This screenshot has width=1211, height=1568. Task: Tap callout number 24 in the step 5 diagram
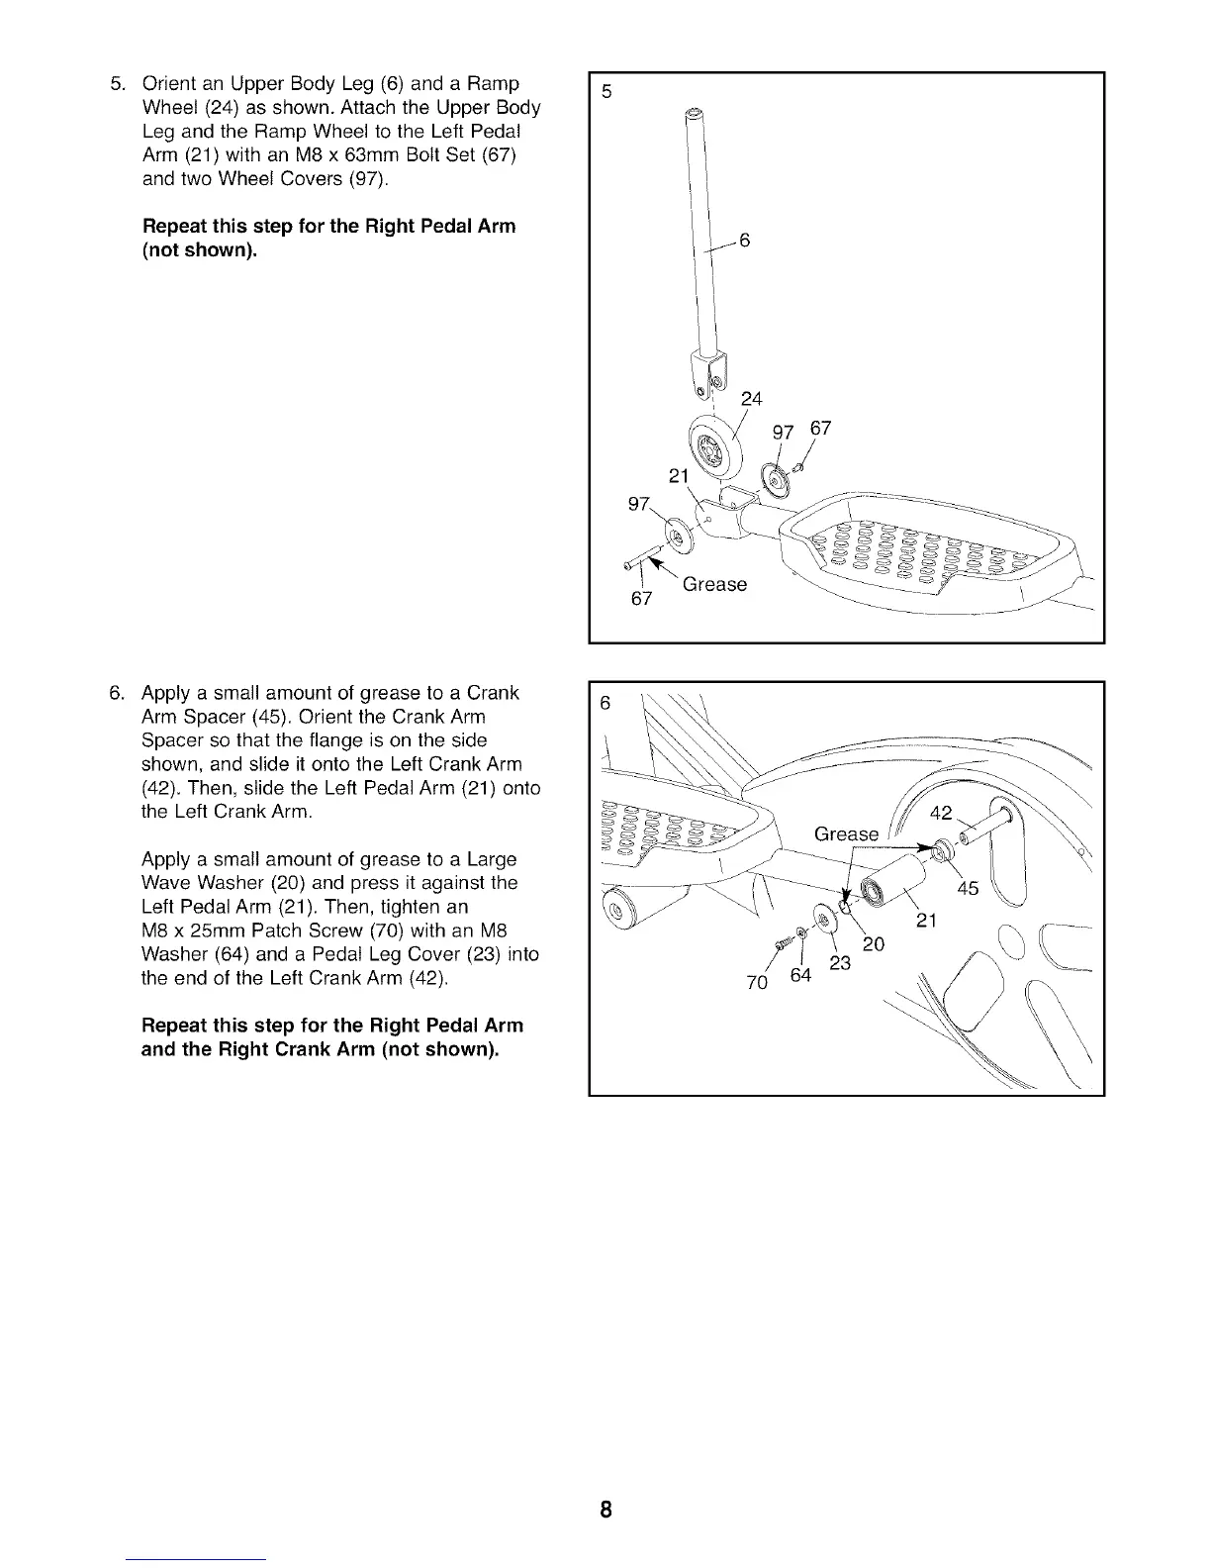click(752, 399)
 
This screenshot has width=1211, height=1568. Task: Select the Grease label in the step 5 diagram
click(714, 584)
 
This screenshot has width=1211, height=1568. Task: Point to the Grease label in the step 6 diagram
click(846, 834)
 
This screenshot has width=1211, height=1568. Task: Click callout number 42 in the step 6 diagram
click(942, 813)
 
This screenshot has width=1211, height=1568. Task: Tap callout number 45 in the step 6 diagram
click(967, 888)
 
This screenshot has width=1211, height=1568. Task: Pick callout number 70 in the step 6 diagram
click(756, 982)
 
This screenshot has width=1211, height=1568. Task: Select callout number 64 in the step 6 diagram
click(800, 976)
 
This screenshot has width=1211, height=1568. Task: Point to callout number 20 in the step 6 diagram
click(873, 944)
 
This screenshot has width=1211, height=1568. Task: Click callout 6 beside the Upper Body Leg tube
click(746, 241)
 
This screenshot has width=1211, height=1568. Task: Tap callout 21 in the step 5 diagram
click(680, 476)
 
